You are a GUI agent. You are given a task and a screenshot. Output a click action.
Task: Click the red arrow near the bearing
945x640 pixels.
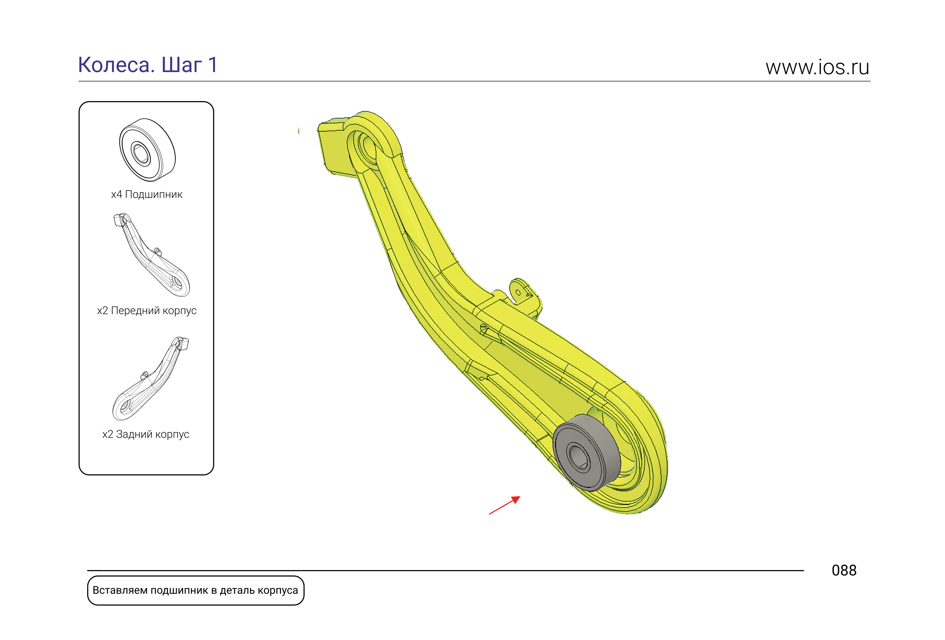(x=504, y=505)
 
